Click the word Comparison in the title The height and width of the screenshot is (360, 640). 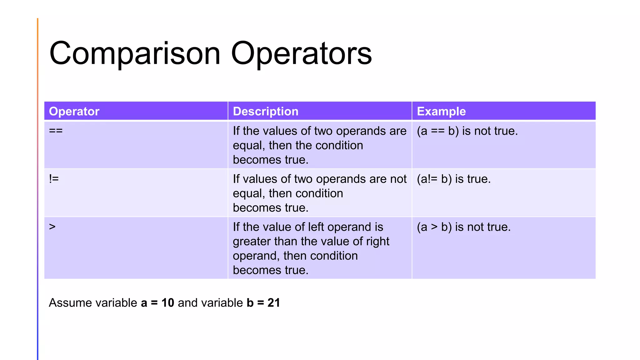tap(135, 54)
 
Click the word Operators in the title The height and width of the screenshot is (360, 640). tap(301, 54)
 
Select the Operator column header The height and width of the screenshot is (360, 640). tap(74, 112)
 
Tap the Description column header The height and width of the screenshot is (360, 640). tap(266, 112)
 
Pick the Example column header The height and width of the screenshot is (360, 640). tap(441, 112)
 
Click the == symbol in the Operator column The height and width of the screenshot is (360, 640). tap(56, 131)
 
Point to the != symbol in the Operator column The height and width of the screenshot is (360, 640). tap(54, 179)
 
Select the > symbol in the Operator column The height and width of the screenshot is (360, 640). tap(52, 227)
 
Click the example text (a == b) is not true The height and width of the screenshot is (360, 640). tap(467, 131)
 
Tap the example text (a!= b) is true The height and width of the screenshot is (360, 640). tap(454, 179)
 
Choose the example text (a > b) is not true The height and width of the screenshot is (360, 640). tap(464, 227)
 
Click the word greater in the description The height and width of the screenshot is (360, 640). tap(252, 242)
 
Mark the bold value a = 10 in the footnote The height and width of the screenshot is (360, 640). tap(157, 303)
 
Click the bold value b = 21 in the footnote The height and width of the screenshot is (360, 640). tap(263, 303)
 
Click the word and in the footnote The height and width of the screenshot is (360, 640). tap(188, 303)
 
